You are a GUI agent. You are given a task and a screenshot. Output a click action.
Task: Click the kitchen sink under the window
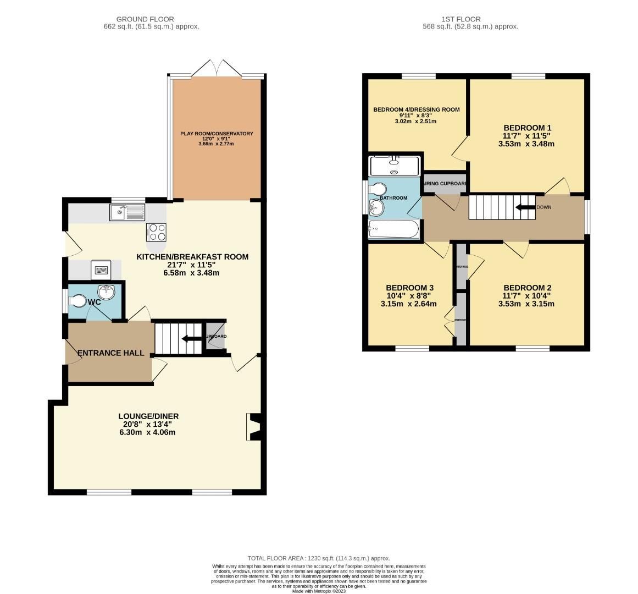(x=127, y=212)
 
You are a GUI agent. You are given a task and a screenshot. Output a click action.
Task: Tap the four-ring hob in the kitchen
(x=156, y=232)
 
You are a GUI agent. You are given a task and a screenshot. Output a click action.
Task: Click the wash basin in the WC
(x=106, y=292)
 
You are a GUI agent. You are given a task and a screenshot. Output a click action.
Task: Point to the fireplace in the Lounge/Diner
(x=253, y=427)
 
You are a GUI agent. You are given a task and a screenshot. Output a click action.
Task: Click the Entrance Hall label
(x=110, y=353)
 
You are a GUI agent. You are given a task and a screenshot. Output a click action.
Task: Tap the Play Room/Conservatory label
(x=217, y=133)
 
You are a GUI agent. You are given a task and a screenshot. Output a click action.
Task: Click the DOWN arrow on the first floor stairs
(x=525, y=207)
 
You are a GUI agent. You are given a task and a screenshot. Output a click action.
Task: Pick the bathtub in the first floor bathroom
(x=393, y=229)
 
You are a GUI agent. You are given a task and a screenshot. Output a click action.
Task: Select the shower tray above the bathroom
(x=395, y=166)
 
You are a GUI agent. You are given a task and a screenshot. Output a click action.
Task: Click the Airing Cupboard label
(x=445, y=183)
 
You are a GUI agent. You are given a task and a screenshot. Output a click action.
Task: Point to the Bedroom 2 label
(x=527, y=288)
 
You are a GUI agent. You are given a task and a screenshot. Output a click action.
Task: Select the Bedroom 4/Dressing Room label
(x=416, y=109)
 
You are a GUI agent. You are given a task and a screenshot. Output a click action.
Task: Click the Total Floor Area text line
(x=319, y=558)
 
